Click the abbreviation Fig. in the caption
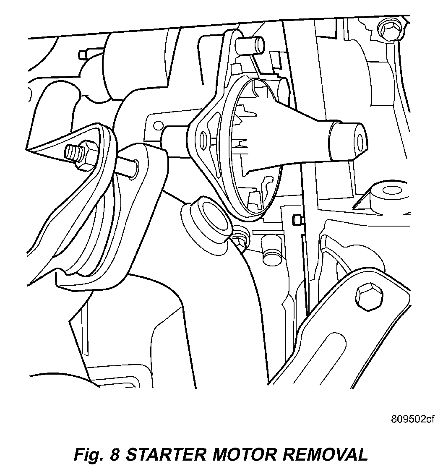pos(89,455)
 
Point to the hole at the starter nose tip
pos(360,139)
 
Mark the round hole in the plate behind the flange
pos(158,125)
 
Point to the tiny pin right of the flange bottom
pos(297,219)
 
